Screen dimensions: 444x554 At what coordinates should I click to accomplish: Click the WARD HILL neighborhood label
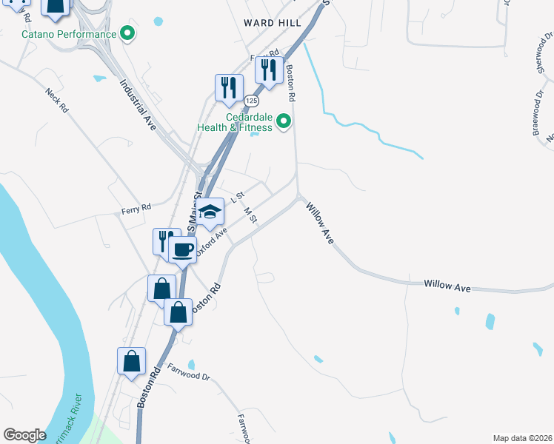pyautogui.click(x=273, y=23)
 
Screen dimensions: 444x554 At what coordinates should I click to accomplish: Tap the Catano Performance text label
pyautogui.click(x=69, y=34)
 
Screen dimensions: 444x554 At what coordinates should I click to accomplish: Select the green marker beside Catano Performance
pyautogui.click(x=127, y=33)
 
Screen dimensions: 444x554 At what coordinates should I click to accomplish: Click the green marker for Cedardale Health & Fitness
pyautogui.click(x=282, y=121)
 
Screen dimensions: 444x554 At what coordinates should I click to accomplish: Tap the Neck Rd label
pyautogui.click(x=57, y=100)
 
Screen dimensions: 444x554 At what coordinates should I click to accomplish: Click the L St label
pyautogui.click(x=238, y=198)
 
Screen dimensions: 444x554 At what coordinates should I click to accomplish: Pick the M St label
pyautogui.click(x=250, y=215)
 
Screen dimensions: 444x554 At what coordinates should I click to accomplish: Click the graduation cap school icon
pyautogui.click(x=210, y=212)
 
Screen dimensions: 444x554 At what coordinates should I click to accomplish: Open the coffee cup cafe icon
pyautogui.click(x=181, y=249)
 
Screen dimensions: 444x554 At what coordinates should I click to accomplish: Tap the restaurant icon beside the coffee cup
pyautogui.click(x=164, y=240)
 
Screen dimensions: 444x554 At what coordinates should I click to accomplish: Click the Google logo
pyautogui.click(x=24, y=435)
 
